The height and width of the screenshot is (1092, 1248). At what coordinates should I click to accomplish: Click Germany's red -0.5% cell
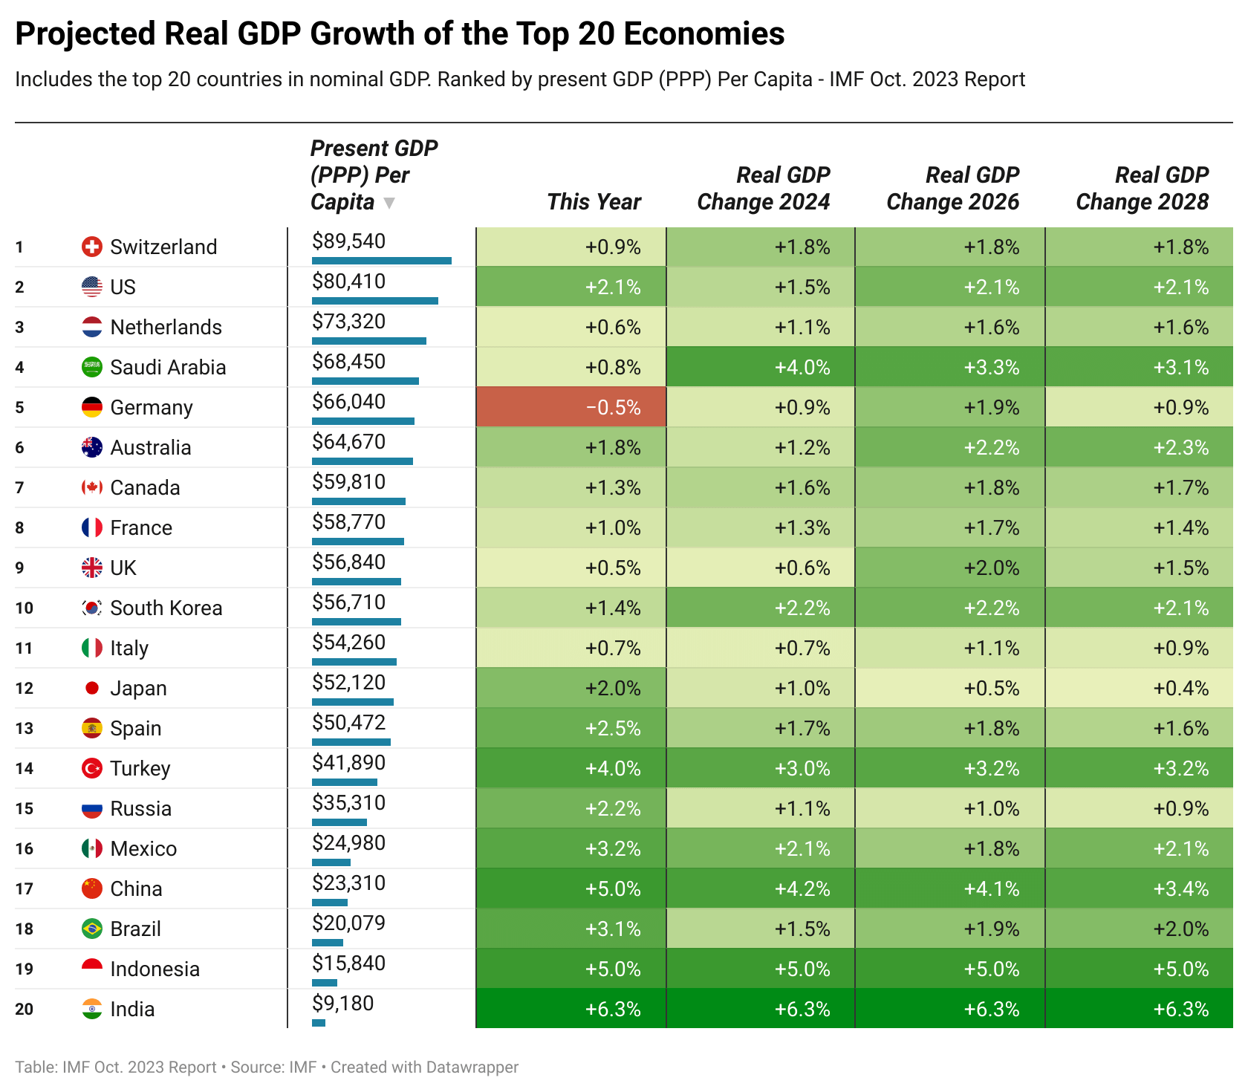pos(571,407)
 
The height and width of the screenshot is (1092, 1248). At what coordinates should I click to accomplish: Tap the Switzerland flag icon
pos(91,247)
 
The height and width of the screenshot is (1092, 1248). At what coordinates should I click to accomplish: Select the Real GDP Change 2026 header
pos(952,189)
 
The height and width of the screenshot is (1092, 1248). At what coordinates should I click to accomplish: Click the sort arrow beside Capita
pos(389,203)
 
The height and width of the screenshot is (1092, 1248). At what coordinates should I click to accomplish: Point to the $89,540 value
pos(348,241)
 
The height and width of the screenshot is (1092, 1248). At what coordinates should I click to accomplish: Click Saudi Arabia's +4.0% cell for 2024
pos(760,367)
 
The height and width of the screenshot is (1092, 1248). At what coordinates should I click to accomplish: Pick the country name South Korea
pos(166,608)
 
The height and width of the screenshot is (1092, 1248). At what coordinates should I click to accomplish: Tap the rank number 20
pos(24,1009)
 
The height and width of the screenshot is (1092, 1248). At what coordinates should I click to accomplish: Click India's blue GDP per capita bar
pos(319,1023)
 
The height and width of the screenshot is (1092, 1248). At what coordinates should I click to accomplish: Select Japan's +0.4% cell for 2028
pos(1139,688)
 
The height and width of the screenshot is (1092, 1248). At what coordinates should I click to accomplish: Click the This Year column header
pos(594,202)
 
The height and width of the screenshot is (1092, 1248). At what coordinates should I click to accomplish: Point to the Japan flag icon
pos(91,688)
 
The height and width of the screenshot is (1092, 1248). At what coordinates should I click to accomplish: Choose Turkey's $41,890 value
pos(348,763)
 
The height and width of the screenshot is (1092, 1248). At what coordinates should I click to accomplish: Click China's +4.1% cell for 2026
pos(949,888)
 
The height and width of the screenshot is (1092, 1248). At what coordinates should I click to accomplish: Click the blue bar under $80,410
pos(374,301)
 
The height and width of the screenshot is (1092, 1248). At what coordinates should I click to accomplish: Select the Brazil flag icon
pos(91,929)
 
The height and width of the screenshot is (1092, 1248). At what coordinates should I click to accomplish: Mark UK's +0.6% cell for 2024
pos(760,568)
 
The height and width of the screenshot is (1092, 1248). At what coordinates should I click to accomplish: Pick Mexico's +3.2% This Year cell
pos(571,848)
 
